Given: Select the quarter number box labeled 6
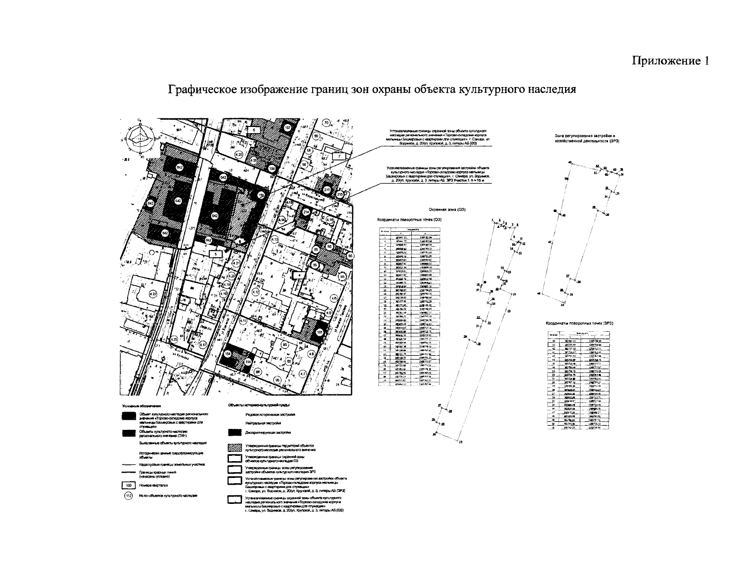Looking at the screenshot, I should coord(254,130).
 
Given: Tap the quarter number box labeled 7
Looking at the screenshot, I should coord(339,156).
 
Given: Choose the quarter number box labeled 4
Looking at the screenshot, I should coord(299,275).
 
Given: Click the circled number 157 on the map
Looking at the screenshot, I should coord(288,128).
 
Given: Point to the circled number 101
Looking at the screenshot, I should coord(319,332).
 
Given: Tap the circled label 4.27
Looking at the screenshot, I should coord(153,294).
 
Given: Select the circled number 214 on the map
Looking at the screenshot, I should coord(306,212).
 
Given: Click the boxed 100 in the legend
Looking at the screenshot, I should coord(128,486).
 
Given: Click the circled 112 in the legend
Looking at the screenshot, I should coord(128,496).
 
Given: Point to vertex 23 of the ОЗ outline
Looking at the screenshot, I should coord(460,442).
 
